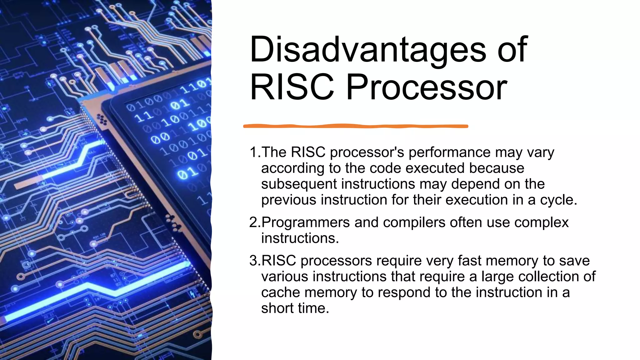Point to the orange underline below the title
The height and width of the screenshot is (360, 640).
(356, 126)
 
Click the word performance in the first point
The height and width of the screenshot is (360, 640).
(450, 152)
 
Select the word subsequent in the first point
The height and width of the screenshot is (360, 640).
(298, 184)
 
